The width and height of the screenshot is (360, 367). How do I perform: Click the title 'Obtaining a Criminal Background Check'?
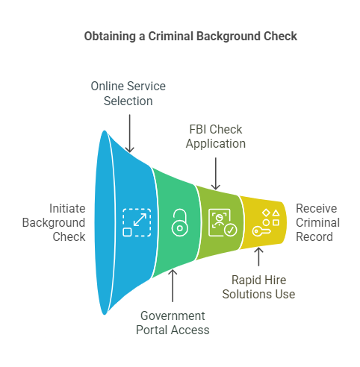click(x=180, y=36)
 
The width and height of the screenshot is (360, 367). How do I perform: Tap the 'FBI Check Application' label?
click(x=215, y=137)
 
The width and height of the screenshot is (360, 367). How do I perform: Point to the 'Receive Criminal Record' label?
click(x=317, y=222)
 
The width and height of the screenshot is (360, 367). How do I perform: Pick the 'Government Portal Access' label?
click(x=173, y=322)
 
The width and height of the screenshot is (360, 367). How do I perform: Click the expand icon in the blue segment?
click(x=137, y=222)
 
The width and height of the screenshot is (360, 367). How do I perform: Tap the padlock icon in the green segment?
click(x=179, y=222)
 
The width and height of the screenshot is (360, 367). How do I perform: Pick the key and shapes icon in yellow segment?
click(x=265, y=222)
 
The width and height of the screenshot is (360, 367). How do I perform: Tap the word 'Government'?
click(x=173, y=316)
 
